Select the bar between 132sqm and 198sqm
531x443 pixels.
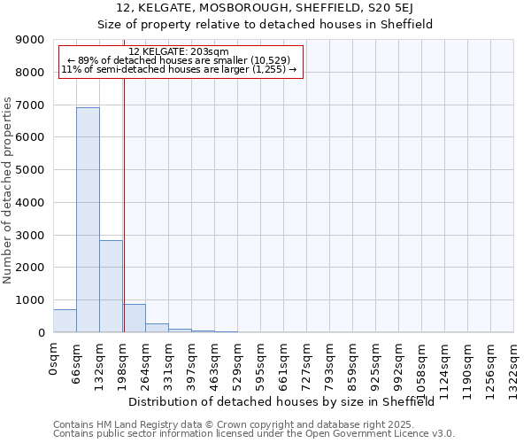tap(111, 286)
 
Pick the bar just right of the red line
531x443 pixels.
tap(135, 318)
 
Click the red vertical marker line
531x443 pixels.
tap(124, 204)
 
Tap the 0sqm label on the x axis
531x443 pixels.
tap(54, 360)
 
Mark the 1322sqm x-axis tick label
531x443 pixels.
tap(513, 368)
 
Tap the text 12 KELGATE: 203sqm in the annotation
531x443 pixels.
tap(179, 52)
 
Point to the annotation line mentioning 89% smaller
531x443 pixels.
tap(179, 60)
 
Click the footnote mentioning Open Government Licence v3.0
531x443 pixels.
tap(254, 434)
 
